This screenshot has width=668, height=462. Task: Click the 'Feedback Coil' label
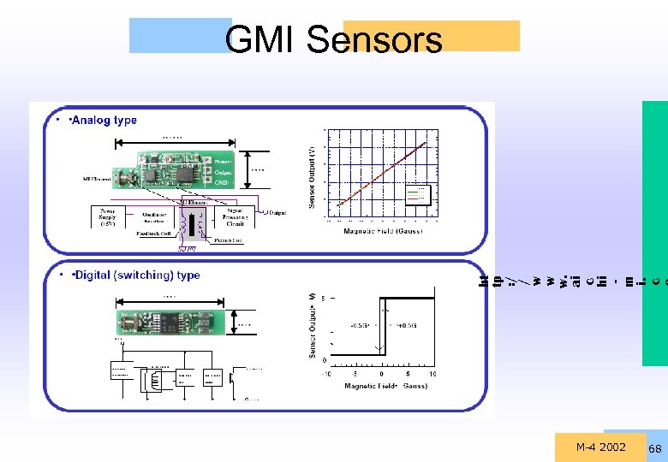(155, 234)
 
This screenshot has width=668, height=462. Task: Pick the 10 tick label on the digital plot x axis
(432, 374)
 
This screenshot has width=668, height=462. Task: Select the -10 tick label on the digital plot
(326, 374)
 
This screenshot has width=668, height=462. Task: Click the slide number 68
(655, 449)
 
